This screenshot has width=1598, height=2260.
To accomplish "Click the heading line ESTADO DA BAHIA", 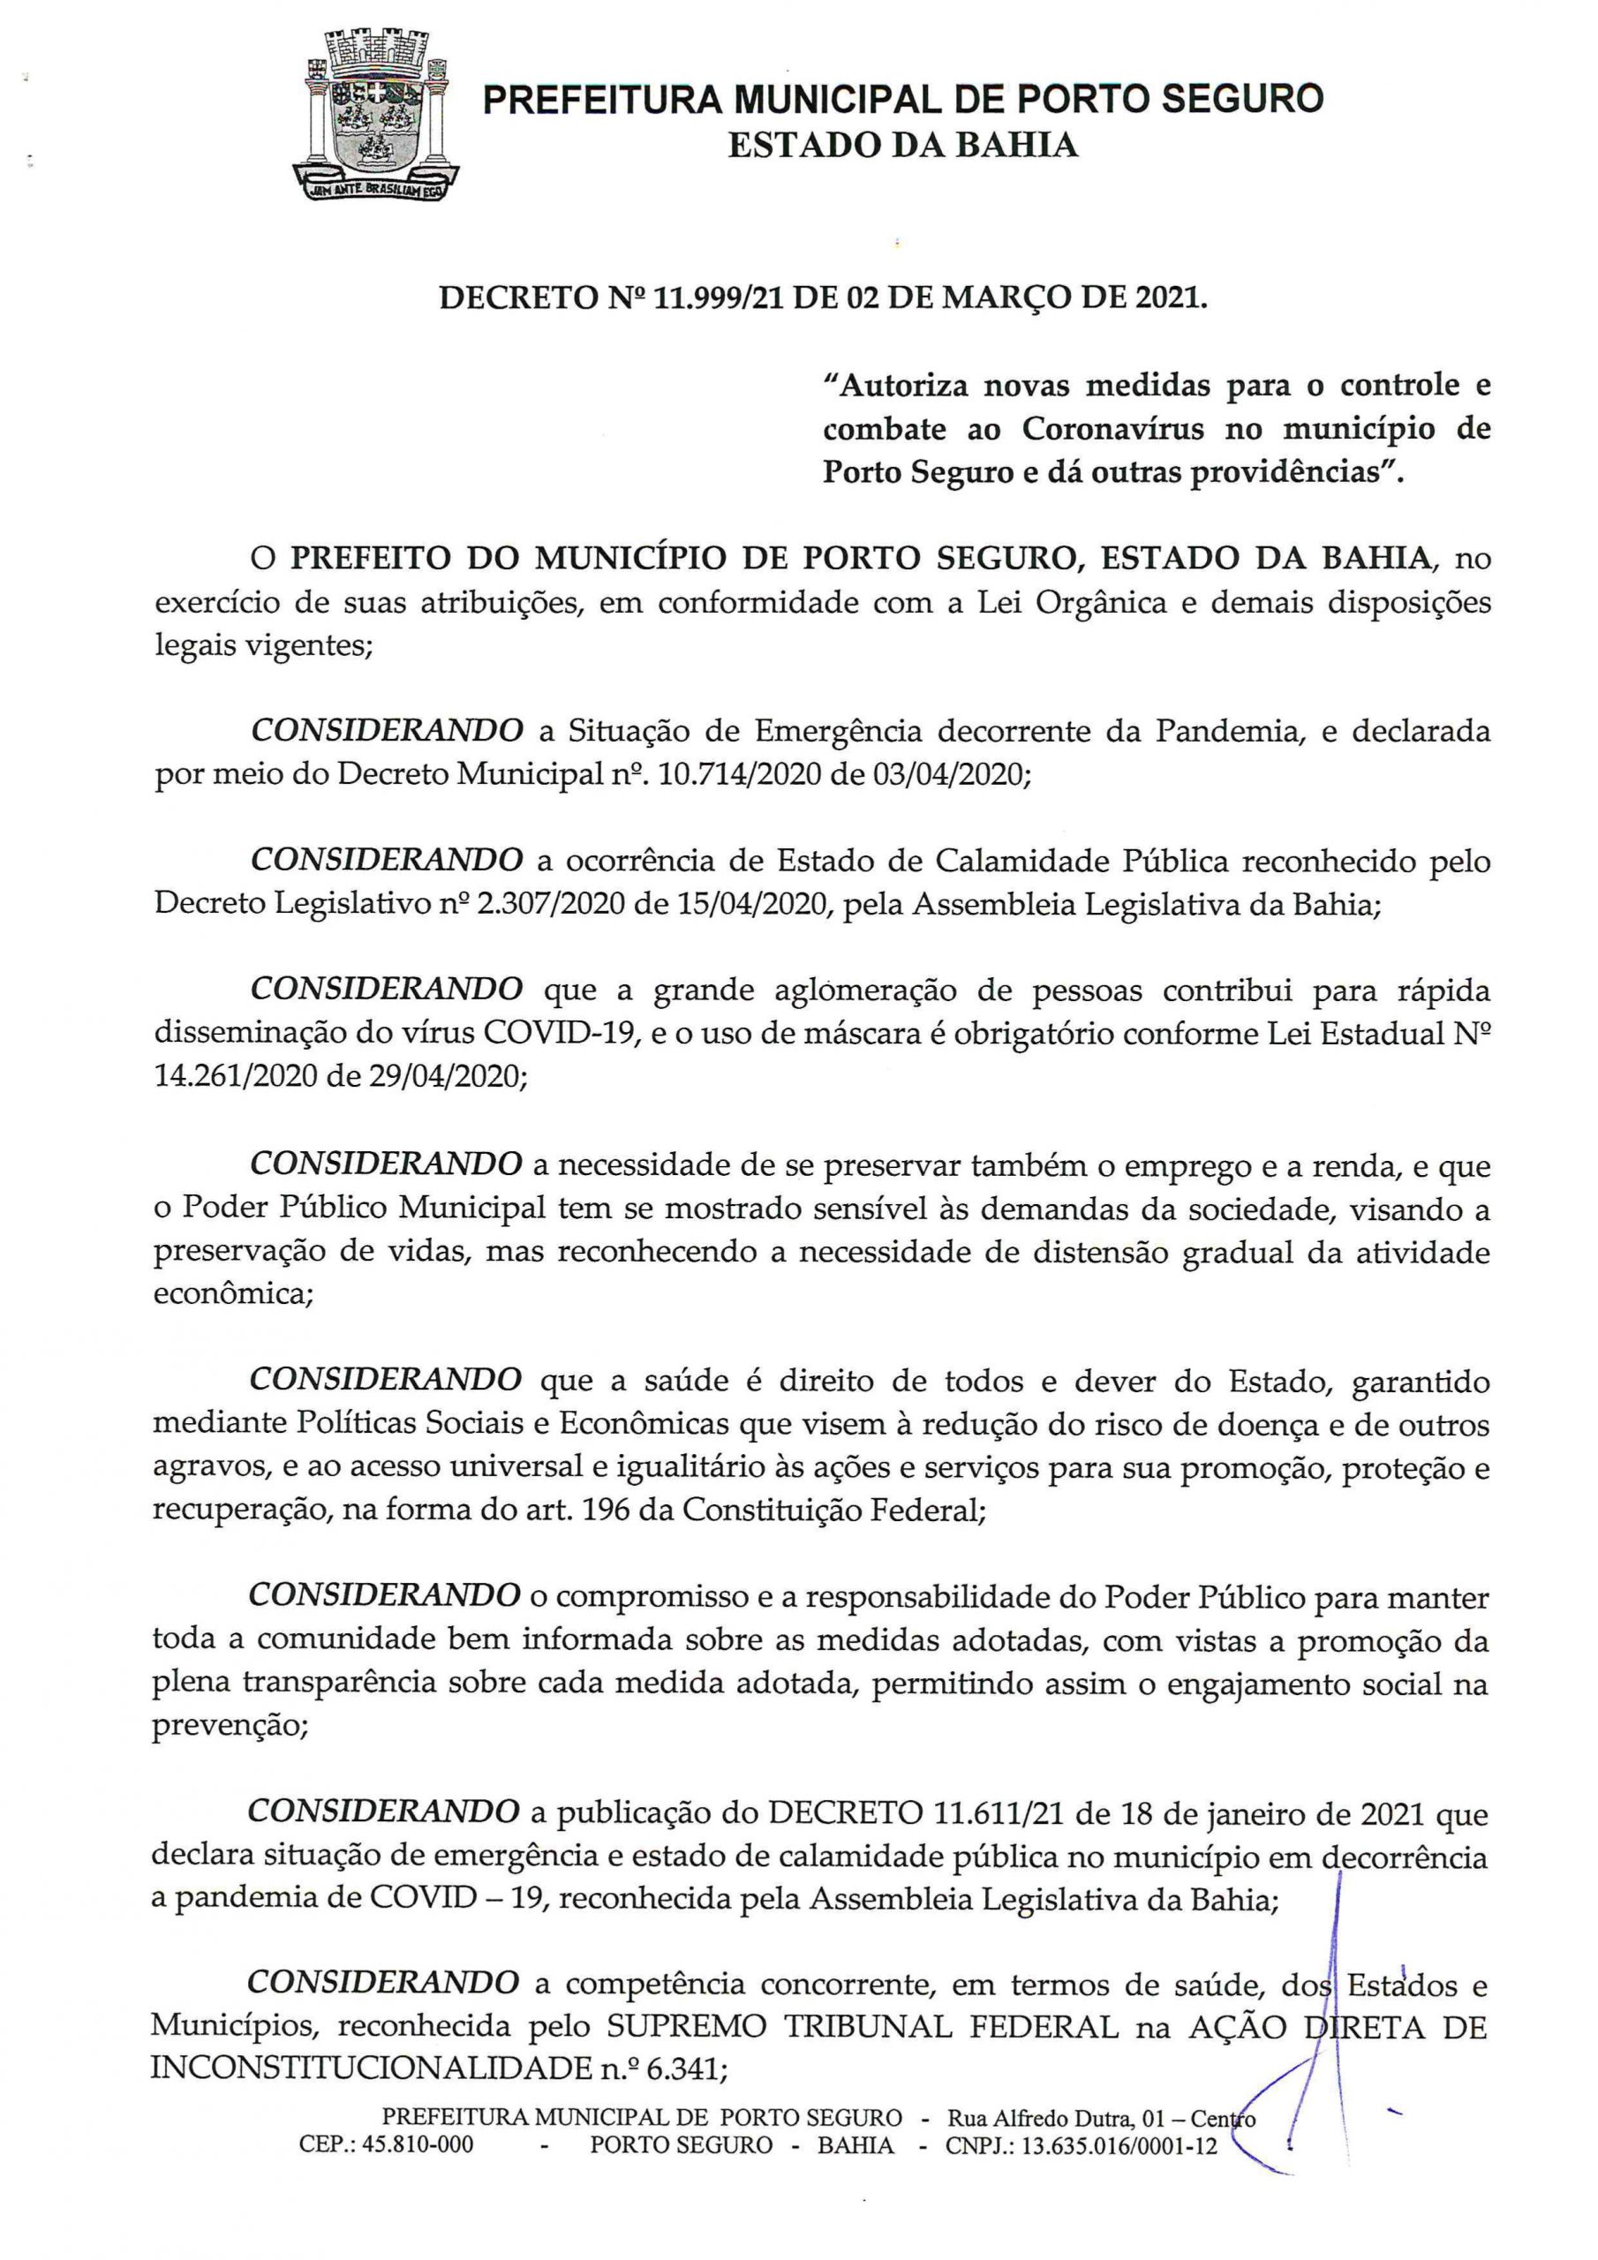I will tap(902, 146).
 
